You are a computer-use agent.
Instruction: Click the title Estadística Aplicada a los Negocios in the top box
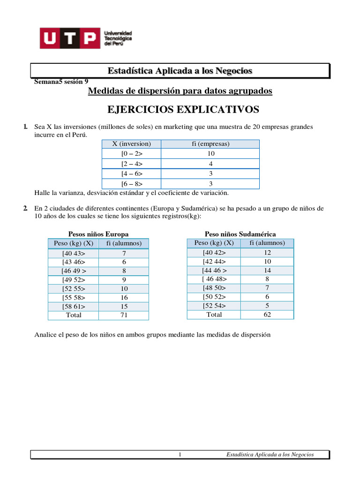[180, 71]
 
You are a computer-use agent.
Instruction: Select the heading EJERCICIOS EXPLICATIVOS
[183, 110]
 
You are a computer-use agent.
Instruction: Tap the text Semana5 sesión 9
[61, 81]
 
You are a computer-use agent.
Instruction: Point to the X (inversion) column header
[131, 144]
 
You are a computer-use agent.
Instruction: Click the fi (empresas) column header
[210, 144]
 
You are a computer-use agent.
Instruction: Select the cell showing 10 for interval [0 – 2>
[210, 154]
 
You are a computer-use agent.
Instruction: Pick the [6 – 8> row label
[132, 184]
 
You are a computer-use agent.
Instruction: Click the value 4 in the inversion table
[210, 164]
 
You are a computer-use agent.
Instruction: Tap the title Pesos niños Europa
[98, 234]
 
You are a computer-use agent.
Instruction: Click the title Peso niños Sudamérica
[240, 234]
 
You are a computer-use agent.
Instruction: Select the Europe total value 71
[124, 315]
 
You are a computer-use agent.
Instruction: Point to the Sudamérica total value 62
[268, 315]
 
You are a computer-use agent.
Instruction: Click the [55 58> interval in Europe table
[74, 297]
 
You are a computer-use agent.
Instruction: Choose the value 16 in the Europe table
[124, 297]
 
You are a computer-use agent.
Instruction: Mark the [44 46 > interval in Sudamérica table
[214, 270]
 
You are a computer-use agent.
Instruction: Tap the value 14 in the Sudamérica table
[268, 270]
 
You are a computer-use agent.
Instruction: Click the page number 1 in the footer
[180, 455]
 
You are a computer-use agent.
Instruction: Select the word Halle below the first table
[43, 193]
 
